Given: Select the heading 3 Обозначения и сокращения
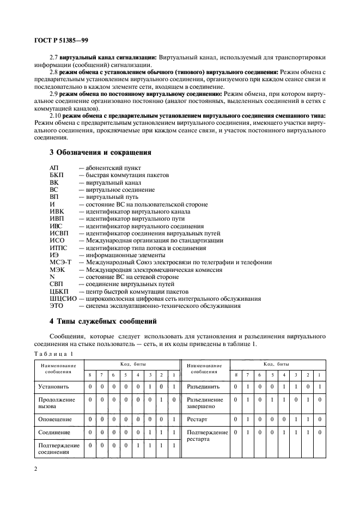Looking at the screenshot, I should coord(100,152).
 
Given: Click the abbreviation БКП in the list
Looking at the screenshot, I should coord(57,175).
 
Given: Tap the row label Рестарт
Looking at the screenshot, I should coord(199,420).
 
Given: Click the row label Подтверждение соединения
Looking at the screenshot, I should coord(58,449).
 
